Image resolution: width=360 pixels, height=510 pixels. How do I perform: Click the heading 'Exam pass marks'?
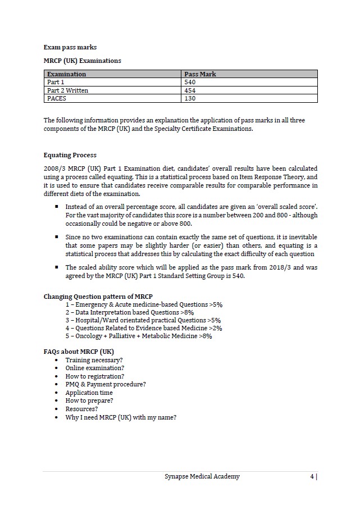coord(70,47)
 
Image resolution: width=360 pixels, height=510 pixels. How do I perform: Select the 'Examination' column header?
coord(67,74)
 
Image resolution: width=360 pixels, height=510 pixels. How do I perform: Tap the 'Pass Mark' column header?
coord(200,74)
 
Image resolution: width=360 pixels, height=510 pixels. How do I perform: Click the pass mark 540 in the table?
coord(190,82)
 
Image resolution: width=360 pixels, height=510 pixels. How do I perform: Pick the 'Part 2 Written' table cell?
coord(68,90)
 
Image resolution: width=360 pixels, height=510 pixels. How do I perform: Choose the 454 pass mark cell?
coord(190,90)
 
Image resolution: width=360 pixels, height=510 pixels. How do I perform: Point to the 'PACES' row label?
coord(57,98)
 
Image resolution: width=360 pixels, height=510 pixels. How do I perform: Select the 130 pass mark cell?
coord(190,98)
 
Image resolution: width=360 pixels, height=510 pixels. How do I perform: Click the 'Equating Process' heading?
coord(70,155)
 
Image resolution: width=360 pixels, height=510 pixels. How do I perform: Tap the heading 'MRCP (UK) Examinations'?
coord(82,61)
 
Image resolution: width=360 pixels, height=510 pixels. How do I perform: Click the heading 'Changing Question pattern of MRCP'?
coord(98,297)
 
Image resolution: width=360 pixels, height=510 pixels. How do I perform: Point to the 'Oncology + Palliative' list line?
coord(139,336)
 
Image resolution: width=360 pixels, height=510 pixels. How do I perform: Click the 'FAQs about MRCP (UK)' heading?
coord(79,352)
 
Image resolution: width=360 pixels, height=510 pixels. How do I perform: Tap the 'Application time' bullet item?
coord(89,393)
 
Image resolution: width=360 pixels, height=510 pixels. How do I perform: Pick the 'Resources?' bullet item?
coord(81,409)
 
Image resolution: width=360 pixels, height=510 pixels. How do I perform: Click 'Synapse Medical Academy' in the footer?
coord(202,476)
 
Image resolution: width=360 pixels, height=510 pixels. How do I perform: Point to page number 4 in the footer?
coord(312,476)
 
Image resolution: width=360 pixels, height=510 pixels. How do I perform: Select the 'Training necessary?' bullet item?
coord(94,360)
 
